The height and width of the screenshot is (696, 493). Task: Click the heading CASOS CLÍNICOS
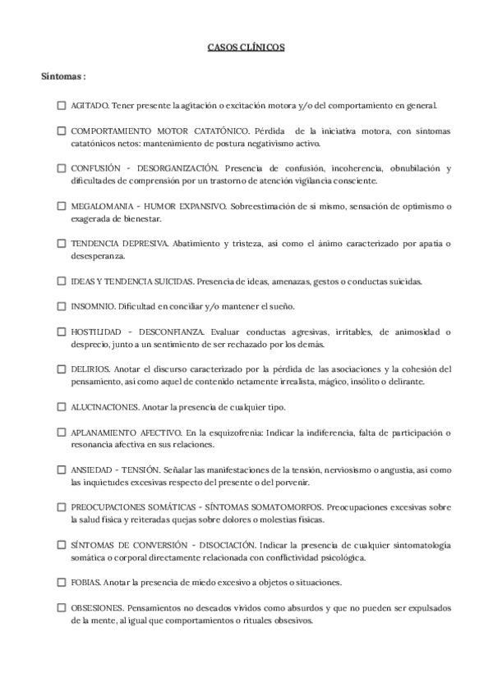tap(246, 48)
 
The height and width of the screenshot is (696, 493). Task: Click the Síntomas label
tap(64, 76)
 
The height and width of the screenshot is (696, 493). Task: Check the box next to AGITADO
tap(62, 105)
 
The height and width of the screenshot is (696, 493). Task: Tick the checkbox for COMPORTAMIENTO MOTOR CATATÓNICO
tap(62, 130)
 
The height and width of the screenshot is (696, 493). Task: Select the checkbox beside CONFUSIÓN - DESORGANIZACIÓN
tap(62, 168)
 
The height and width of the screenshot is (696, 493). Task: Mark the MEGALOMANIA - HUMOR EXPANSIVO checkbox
tap(62, 206)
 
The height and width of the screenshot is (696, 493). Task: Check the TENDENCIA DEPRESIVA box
tap(62, 244)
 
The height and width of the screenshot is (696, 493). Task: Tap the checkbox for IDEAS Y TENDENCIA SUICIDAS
tap(62, 281)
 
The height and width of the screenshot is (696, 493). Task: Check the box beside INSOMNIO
tap(62, 306)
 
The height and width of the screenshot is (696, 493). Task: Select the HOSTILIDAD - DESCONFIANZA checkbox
tap(62, 332)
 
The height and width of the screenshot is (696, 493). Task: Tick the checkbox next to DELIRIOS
tap(62, 369)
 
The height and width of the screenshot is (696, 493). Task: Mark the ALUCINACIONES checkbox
tap(62, 406)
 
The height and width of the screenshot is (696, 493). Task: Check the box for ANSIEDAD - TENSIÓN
tap(62, 469)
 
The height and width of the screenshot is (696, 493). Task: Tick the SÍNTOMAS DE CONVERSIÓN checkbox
tap(62, 544)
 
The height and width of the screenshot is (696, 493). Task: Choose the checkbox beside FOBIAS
tap(62, 582)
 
